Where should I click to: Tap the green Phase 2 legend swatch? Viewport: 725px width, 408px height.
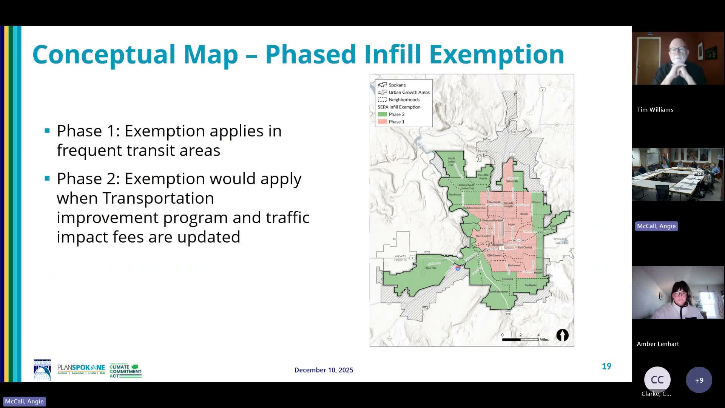[382, 114]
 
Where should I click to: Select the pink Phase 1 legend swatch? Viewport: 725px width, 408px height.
[382, 122]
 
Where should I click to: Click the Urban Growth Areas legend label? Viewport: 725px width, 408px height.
[409, 92]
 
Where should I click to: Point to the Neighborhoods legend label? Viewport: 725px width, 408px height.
[404, 100]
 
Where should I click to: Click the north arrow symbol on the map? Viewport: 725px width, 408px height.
[562, 335]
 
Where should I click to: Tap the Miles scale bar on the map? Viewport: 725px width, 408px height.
[520, 339]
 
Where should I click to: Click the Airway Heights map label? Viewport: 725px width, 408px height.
[400, 258]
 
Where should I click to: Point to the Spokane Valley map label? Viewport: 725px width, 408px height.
[560, 241]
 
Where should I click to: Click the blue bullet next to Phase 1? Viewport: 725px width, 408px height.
[47, 131]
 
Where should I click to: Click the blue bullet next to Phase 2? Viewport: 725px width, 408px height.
[47, 178]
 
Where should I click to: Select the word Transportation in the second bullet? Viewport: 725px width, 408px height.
[158, 198]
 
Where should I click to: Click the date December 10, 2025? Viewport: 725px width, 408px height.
[324, 370]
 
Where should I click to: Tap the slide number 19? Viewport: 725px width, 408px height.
[606, 366]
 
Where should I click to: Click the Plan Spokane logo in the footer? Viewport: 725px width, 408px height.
[81, 369]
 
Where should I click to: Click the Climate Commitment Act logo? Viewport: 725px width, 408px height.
[125, 370]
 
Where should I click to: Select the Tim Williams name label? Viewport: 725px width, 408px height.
[655, 110]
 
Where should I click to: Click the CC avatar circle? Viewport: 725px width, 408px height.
[657, 380]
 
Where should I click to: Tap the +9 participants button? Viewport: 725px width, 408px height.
[699, 380]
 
